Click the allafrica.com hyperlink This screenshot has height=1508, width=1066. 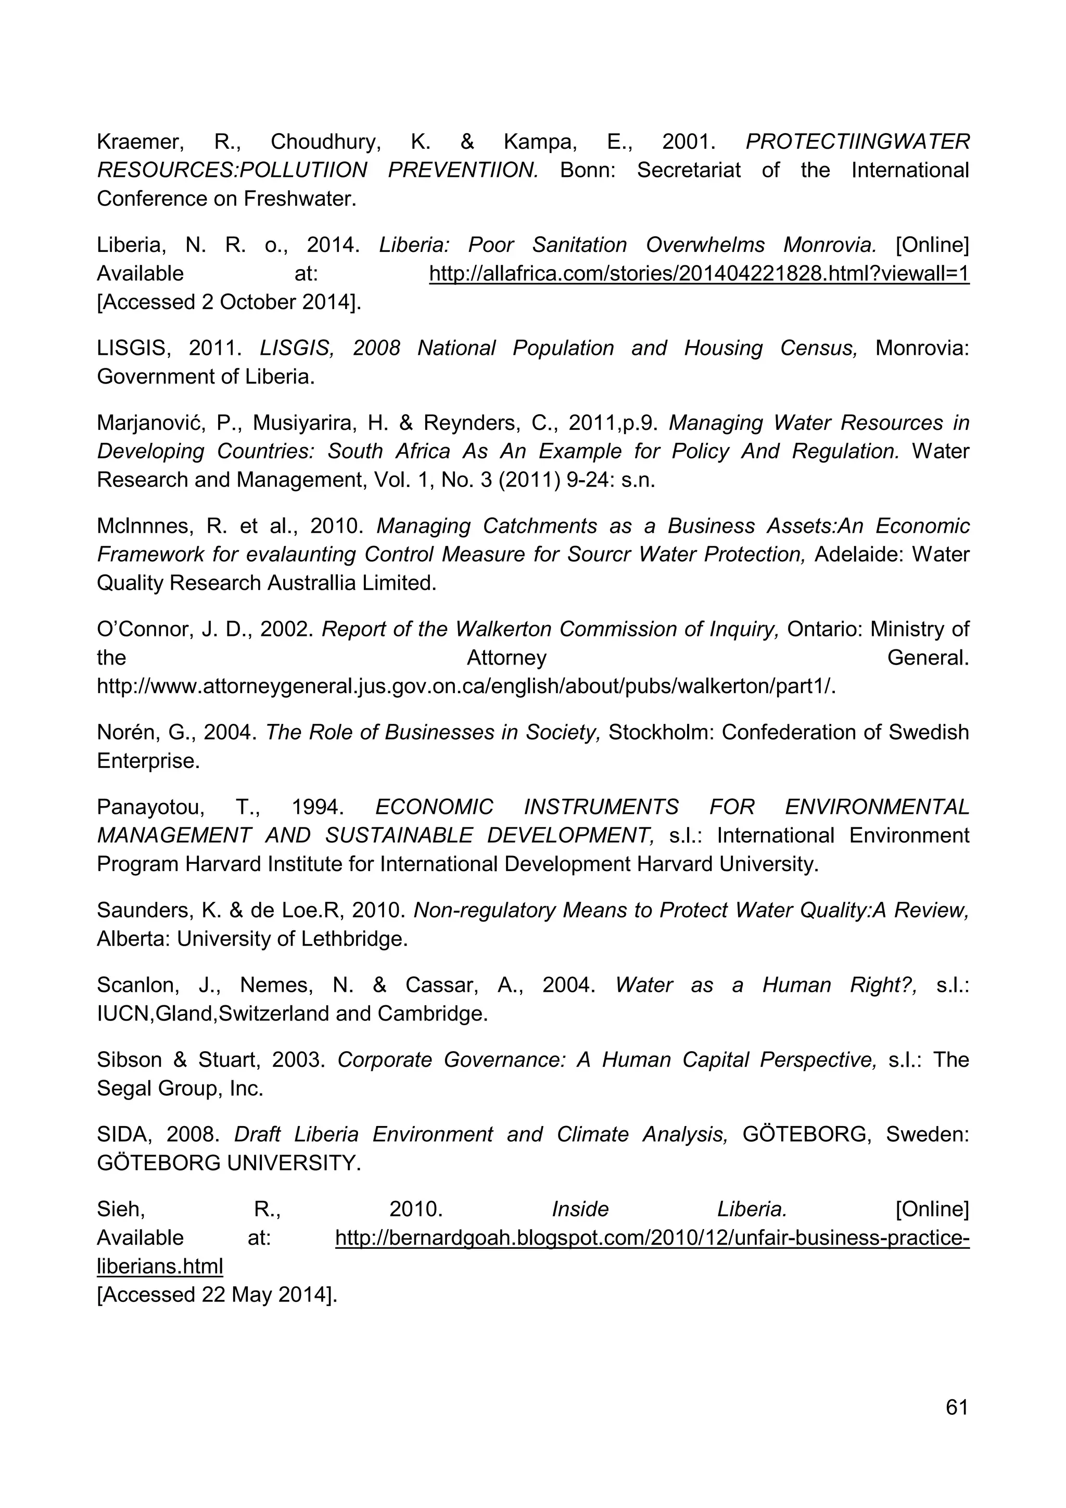pos(699,273)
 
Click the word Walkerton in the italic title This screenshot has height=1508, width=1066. pos(504,629)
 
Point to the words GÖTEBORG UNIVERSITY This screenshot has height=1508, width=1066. pos(229,1163)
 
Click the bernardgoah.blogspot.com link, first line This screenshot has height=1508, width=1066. pos(652,1238)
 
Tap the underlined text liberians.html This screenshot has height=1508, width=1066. pos(160,1267)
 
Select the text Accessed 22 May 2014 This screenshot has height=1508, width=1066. pos(216,1295)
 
